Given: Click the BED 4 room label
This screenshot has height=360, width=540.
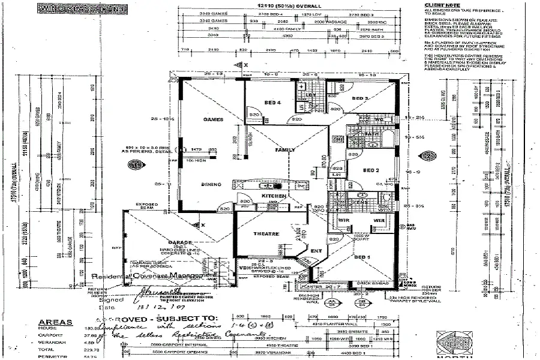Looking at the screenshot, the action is pos(273,103).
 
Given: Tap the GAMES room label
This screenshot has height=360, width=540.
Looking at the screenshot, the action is pos(213,119).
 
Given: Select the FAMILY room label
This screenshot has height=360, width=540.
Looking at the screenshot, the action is pos(284,149).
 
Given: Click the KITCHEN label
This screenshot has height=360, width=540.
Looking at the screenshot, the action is pos(273,196).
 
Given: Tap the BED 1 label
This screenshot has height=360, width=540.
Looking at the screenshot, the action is pos(362,257).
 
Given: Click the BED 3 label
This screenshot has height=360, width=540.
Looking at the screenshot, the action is pos(359,98).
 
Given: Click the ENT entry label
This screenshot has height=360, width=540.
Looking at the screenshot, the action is pos(316,250).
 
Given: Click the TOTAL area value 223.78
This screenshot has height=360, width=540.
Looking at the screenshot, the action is pos(75,349).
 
